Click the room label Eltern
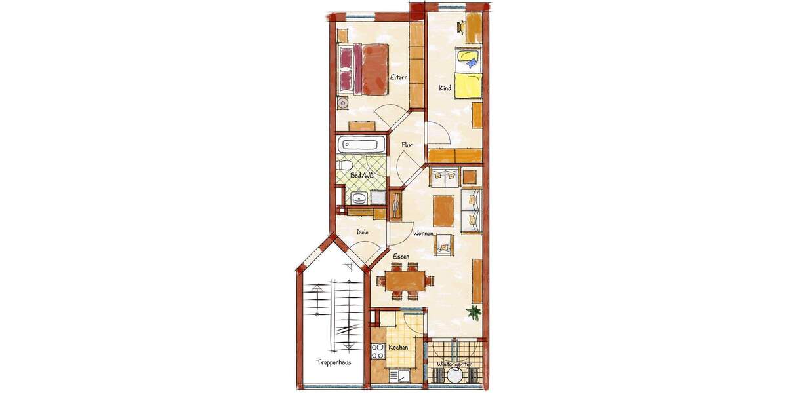click(398, 78)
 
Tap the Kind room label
click(445, 88)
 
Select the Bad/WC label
click(361, 175)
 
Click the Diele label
click(362, 232)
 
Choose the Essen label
click(401, 258)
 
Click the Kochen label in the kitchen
click(398, 347)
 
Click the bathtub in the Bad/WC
click(362, 145)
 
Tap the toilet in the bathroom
click(344, 166)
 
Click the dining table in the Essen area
click(405, 281)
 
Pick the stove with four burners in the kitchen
click(378, 352)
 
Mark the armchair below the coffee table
click(445, 244)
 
